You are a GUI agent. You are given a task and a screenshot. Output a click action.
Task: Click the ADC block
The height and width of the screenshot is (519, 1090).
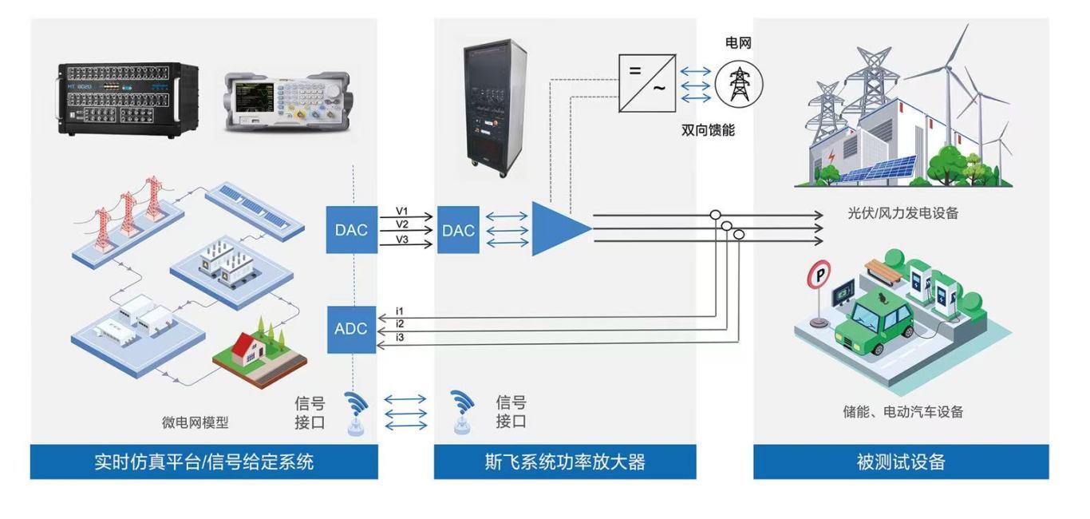351,329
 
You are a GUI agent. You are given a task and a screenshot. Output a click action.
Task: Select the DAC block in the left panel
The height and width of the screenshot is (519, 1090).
351,230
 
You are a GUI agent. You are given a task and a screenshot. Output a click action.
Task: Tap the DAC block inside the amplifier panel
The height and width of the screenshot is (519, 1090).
458,230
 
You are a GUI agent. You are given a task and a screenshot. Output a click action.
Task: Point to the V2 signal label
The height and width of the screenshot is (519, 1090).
402,224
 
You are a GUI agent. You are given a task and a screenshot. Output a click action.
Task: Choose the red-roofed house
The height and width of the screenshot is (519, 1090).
251,351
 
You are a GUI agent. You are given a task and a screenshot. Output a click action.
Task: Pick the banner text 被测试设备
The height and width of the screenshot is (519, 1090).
901,462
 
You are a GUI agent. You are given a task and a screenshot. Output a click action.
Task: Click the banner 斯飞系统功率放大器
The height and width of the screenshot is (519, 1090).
564,462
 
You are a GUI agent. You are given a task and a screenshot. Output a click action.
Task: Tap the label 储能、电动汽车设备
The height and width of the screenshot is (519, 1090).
902,412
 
